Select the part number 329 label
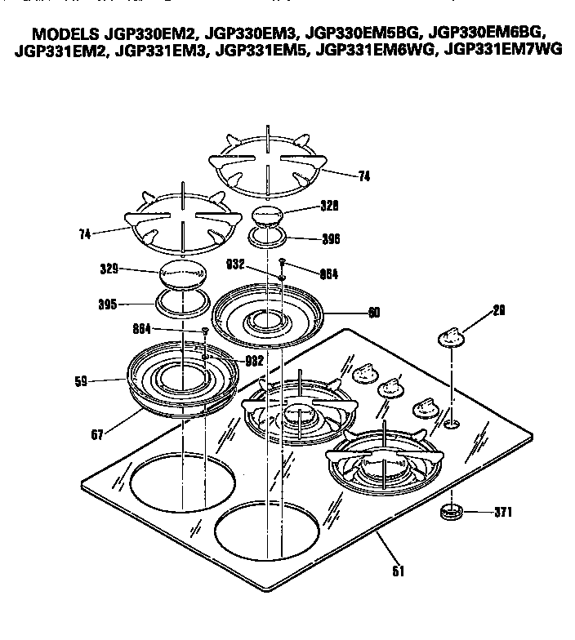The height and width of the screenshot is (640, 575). (x=109, y=268)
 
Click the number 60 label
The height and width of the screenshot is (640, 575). (x=374, y=311)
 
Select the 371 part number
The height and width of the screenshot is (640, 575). (x=503, y=513)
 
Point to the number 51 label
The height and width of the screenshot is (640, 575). (x=399, y=571)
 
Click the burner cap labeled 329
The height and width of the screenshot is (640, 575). (x=183, y=273)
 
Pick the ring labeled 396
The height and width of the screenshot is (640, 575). (x=268, y=237)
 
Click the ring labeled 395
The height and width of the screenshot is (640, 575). (x=183, y=303)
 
